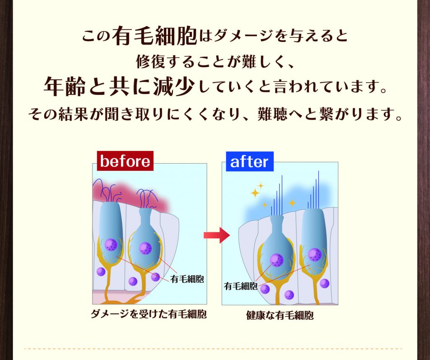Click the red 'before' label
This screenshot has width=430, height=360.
(x=125, y=161)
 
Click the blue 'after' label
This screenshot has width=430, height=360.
(x=249, y=162)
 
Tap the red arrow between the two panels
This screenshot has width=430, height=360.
(x=216, y=235)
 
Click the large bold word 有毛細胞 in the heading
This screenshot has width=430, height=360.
(x=154, y=36)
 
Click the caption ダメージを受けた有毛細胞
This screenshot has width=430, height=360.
(x=148, y=314)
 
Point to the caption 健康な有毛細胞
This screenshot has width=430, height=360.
(x=280, y=316)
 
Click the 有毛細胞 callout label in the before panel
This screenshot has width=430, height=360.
(x=187, y=279)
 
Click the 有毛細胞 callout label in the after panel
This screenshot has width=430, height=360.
(x=241, y=286)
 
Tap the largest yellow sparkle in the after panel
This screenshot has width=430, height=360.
(x=255, y=193)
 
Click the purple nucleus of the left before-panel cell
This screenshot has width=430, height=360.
(x=111, y=245)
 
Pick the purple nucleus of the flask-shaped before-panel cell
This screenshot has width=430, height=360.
(x=145, y=248)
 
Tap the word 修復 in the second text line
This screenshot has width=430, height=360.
(x=151, y=61)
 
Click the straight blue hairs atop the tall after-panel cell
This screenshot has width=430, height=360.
(x=314, y=190)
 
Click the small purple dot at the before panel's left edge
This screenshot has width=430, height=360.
(x=101, y=272)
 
